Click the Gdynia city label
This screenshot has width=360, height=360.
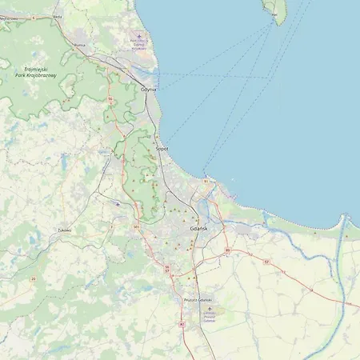pyautogui.click(x=148, y=90)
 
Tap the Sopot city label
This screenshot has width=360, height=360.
pyautogui.click(x=162, y=149)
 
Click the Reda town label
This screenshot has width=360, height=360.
pyautogui.click(x=57, y=15)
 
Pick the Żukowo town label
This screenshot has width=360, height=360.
pyautogui.click(x=64, y=230)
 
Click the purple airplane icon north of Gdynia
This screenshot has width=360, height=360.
pyautogui.click(x=139, y=36)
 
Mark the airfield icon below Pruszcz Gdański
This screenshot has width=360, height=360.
pyautogui.click(x=210, y=308)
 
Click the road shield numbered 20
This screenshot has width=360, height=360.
pyautogui.click(x=33, y=278)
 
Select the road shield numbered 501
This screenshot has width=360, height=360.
pyautogui.click(x=137, y=228)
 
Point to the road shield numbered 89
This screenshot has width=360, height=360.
pyautogui.click(x=227, y=251)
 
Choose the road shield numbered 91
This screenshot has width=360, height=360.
pyautogui.click(x=206, y=182)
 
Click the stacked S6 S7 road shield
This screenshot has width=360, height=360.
pyautogui.click(x=166, y=268)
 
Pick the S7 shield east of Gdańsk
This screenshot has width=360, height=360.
pyautogui.click(x=286, y=272)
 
